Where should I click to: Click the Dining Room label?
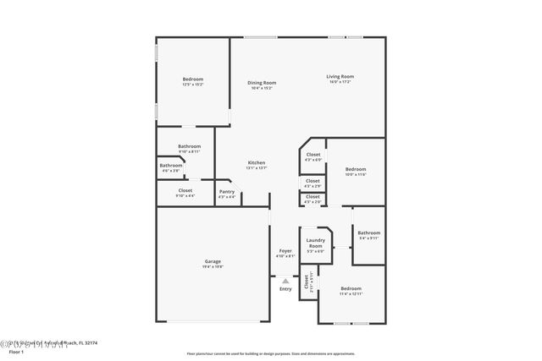(x=262, y=83)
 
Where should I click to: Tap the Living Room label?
(x=340, y=77)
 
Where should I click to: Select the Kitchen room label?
(x=257, y=162)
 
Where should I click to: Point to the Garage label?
(x=213, y=261)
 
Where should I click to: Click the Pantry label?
(x=227, y=192)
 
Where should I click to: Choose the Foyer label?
(x=286, y=251)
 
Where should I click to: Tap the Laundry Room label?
(x=316, y=243)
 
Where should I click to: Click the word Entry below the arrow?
(x=285, y=289)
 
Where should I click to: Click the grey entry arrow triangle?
(x=285, y=281)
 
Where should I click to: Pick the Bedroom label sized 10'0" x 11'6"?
(x=356, y=170)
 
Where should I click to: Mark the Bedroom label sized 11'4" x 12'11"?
(x=351, y=288)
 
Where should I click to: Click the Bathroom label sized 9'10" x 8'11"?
(x=189, y=146)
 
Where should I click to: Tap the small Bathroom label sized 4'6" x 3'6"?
(x=171, y=166)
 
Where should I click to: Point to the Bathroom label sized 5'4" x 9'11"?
(x=368, y=232)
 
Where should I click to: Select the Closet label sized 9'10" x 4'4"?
(x=185, y=191)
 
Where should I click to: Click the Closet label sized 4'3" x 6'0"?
(x=313, y=155)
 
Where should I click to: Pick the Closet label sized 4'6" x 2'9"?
(x=312, y=180)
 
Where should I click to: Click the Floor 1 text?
(x=15, y=351)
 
